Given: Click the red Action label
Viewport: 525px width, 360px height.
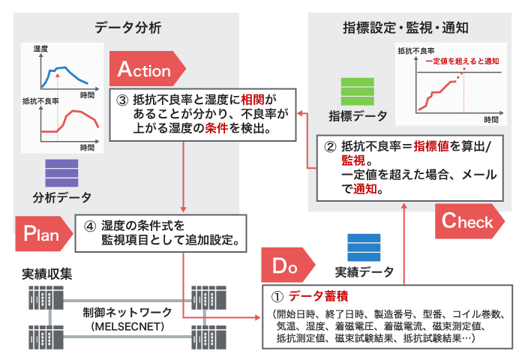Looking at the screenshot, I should tap(145, 70).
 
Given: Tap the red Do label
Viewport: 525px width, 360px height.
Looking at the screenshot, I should tap(287, 265).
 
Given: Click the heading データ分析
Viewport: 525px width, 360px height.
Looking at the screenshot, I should tap(128, 28).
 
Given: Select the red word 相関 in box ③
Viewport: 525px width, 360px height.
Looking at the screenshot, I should tap(252, 99).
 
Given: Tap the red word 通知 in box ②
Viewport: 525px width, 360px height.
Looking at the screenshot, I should tap(366, 190).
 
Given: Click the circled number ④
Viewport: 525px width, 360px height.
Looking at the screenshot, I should tap(86, 224).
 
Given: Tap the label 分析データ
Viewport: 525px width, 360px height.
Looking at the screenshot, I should tap(62, 198).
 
